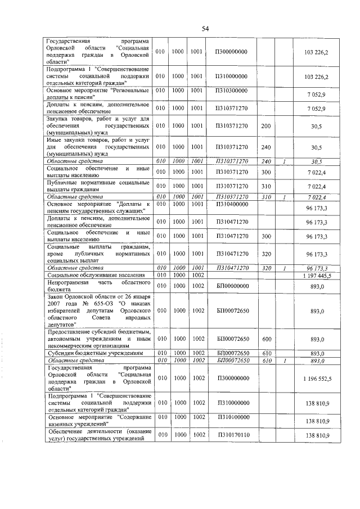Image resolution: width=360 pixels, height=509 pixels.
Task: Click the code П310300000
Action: pyautogui.click(x=231, y=91)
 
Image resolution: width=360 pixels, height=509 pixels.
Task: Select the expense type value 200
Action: pyautogui.click(x=265, y=127)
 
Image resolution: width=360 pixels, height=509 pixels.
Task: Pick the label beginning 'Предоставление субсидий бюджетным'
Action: pyautogui.click(x=97, y=339)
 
